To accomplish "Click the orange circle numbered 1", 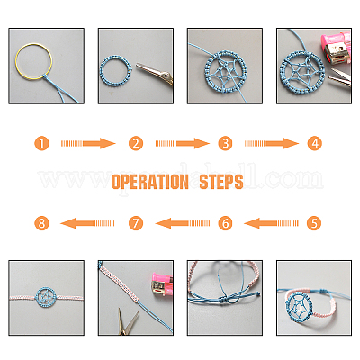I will pos(41,142).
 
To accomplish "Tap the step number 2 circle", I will pos(135,142).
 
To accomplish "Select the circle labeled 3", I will pos(225,142).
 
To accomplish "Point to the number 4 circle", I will pos(314,142).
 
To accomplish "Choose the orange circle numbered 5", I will pos(314,222).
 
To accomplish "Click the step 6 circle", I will pos(225,222).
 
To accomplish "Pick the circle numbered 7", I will pos(135,222).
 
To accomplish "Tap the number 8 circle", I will pos(41,222).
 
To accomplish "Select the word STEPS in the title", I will pos(221,183).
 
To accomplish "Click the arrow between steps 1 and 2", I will pos(88,142).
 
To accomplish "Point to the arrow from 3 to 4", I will pos(270,142).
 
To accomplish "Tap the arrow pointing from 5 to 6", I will pos(270,222).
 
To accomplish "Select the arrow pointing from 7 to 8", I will pos(88,222).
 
